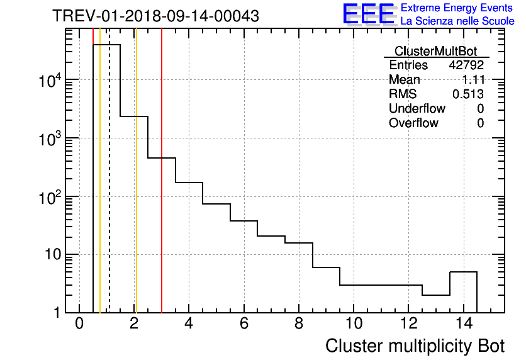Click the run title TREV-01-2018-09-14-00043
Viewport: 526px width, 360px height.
[x=155, y=16]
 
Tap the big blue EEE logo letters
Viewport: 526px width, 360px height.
[x=368, y=14]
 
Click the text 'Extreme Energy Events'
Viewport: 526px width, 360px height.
[x=457, y=8]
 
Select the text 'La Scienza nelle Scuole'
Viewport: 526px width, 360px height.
[x=457, y=21]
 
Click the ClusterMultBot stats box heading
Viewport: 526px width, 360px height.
[x=435, y=51]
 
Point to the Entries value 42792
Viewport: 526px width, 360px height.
[x=466, y=65]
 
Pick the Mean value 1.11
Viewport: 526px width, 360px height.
[x=473, y=80]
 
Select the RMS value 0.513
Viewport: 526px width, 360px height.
[x=468, y=94]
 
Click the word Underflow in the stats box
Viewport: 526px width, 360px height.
[x=417, y=108]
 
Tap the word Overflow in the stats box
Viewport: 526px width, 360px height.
[x=413, y=123]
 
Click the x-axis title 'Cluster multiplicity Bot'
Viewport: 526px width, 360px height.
[x=415, y=346]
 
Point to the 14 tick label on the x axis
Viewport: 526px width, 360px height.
[x=463, y=324]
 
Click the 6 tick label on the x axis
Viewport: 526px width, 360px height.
[x=243, y=324]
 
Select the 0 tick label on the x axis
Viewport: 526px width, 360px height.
[x=79, y=324]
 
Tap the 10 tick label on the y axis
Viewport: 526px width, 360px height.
[x=51, y=255]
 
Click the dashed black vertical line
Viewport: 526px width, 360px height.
[x=109, y=189]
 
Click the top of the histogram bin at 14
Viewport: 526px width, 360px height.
[x=463, y=272]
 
